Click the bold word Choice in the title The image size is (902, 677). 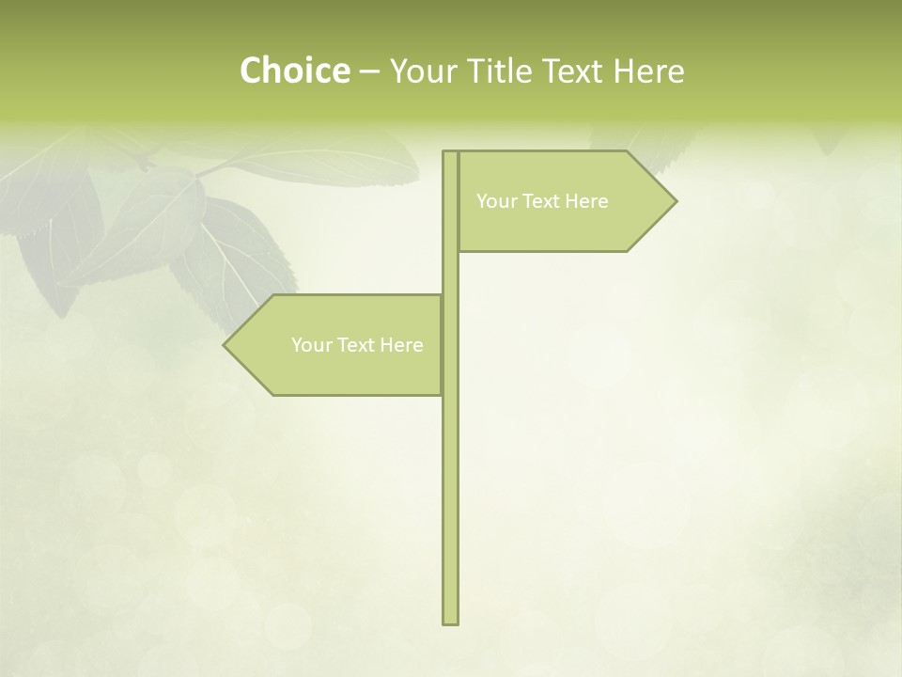click(294, 71)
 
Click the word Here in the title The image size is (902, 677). click(648, 71)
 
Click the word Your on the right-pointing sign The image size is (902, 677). click(497, 201)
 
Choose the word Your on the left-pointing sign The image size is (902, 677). click(312, 345)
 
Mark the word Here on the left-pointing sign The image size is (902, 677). click(402, 345)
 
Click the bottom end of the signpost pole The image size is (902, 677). click(450, 621)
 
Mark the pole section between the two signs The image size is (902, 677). click(450, 273)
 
